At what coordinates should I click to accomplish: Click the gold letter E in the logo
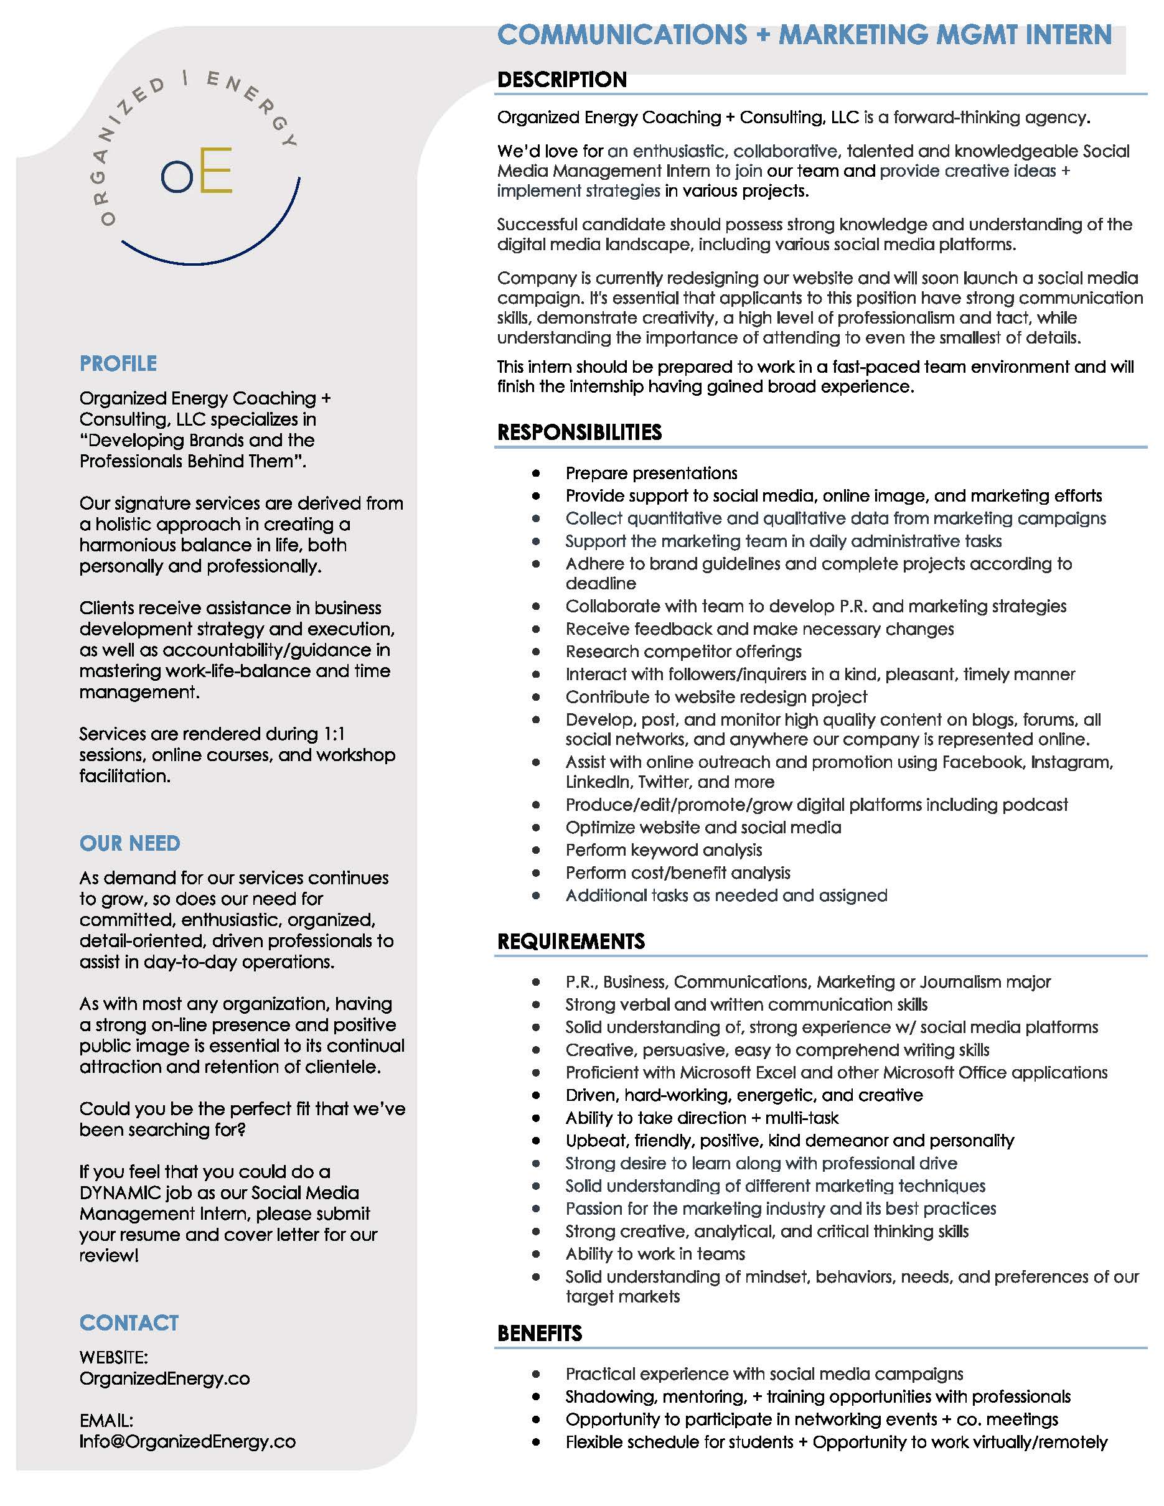(216, 170)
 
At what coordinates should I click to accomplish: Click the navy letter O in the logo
(177, 177)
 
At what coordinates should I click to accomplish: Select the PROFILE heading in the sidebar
(118, 363)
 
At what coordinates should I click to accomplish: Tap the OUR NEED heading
(129, 843)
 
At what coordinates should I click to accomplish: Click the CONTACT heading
(129, 1322)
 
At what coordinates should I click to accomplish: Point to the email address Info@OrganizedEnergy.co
(187, 1441)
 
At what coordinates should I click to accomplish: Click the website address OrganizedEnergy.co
(164, 1378)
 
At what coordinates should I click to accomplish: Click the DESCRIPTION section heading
(562, 80)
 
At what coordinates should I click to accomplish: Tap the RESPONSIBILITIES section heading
(580, 433)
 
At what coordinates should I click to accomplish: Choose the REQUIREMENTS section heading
(571, 941)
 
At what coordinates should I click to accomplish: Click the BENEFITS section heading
(539, 1334)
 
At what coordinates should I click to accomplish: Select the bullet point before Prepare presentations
(536, 473)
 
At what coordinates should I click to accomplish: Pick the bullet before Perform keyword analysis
(536, 850)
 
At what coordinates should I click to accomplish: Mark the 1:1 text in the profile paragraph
(334, 734)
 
